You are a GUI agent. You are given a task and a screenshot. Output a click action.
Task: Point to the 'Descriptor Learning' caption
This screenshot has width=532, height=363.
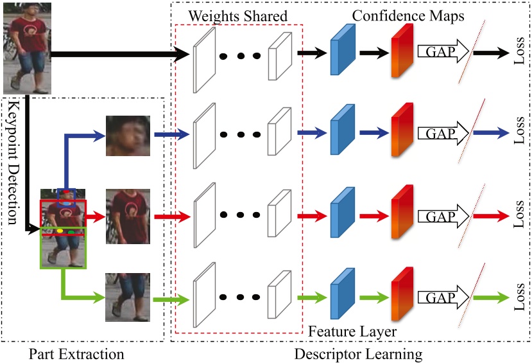(x=350, y=353)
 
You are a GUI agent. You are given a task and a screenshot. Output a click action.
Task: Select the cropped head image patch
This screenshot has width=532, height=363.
(x=128, y=136)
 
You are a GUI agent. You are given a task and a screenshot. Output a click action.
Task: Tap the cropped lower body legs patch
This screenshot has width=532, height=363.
(x=128, y=297)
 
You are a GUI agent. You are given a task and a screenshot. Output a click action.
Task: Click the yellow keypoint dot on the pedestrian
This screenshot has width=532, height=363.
(x=60, y=229)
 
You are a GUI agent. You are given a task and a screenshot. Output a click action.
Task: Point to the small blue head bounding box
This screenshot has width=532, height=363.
(x=66, y=197)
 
